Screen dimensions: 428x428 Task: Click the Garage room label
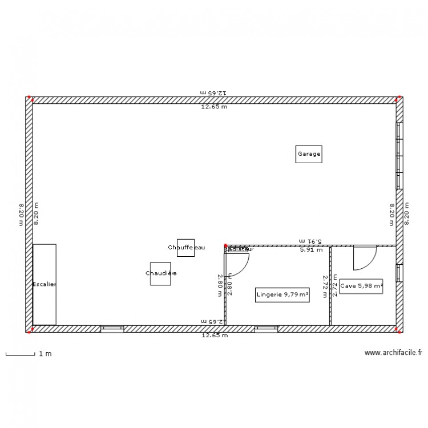(309, 154)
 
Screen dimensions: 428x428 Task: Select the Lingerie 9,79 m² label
(282, 294)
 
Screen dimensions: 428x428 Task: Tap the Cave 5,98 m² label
(361, 286)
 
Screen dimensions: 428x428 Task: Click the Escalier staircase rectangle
(44, 284)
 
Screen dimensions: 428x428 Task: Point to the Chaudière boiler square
(160, 273)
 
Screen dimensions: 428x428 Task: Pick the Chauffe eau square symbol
(185, 248)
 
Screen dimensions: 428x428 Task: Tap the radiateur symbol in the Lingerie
(237, 249)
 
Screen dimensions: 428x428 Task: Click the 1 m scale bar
(20, 354)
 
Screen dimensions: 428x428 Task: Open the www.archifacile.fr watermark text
(394, 354)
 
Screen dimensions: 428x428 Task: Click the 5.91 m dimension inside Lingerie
(312, 249)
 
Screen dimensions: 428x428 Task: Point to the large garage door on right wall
(399, 155)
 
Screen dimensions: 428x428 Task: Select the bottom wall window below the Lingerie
(266, 329)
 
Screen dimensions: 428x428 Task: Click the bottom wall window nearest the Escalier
(112, 329)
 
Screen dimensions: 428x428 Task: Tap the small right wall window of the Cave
(399, 273)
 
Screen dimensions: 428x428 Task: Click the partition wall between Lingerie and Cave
(330, 285)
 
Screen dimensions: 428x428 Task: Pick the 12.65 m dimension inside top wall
(213, 107)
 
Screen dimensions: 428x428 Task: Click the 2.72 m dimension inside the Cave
(335, 285)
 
